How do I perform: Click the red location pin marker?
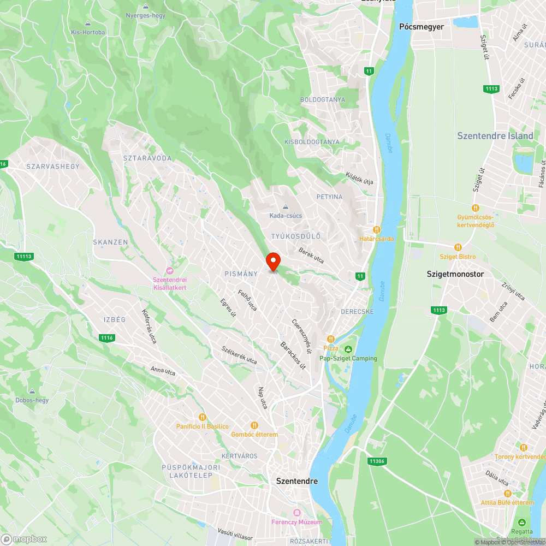[272, 262]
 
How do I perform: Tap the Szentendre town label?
[297, 481]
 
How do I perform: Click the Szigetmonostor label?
[455, 274]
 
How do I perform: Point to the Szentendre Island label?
[495, 136]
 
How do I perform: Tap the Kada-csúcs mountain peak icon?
[286, 206]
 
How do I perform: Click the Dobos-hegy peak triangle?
[32, 391]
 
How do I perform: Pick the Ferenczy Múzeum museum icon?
[297, 513]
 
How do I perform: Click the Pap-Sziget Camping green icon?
[348, 349]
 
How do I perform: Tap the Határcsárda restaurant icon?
[376, 230]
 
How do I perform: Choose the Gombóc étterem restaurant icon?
[254, 425]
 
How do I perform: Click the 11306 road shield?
[377, 461]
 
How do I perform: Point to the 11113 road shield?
[25, 257]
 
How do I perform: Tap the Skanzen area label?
[110, 242]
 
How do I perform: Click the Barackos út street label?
[293, 355]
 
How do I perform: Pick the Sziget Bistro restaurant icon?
[458, 247]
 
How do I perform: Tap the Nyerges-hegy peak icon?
[145, 7]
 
